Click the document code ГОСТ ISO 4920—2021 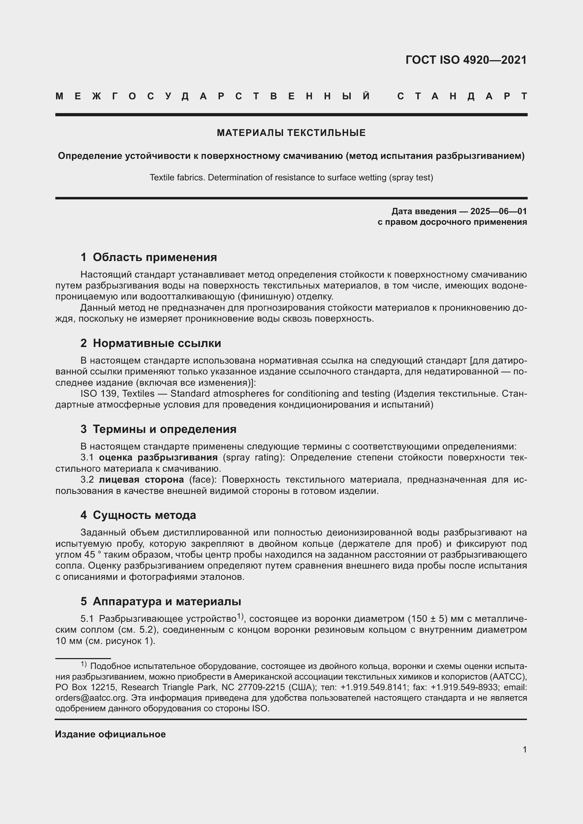[x=466, y=60]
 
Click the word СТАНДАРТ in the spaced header [x=462, y=96]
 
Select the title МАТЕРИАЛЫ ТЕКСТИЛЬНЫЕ [x=291, y=133]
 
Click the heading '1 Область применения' [x=149, y=257]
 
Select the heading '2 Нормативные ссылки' [x=151, y=343]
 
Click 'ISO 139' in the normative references [x=98, y=394]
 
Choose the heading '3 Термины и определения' [x=158, y=429]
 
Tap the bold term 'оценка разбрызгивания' [x=158, y=457]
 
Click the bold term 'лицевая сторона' [x=141, y=479]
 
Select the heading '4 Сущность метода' [x=138, y=515]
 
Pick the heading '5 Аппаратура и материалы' [x=160, y=601]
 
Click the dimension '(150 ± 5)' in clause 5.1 [x=428, y=619]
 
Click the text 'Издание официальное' [x=110, y=734]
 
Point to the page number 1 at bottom [x=524, y=749]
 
